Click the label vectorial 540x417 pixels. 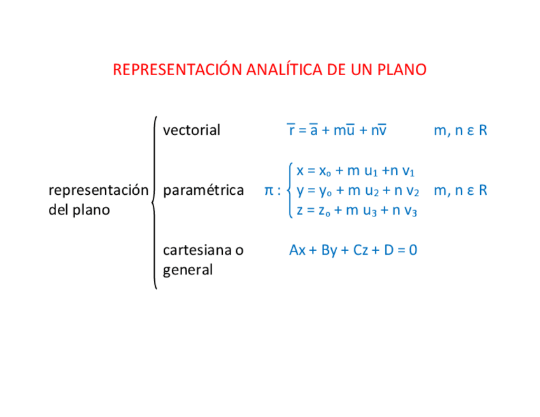point(191,131)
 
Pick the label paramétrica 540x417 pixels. point(203,190)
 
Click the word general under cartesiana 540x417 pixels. point(188,270)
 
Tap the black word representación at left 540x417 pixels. point(98,190)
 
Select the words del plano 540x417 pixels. point(79,209)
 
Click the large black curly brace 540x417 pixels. point(154,202)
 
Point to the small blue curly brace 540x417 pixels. point(290,190)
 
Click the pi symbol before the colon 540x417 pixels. point(269,190)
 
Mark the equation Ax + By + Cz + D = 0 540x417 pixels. point(353,250)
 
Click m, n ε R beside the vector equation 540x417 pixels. point(460,131)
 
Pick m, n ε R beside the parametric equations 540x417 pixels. point(460,190)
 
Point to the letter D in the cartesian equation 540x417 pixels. point(388,250)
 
